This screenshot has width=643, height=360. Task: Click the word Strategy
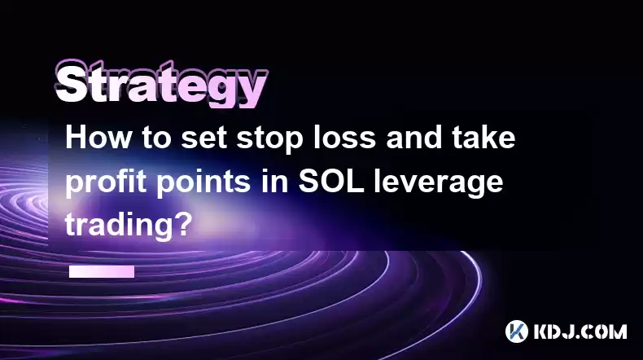click(161, 84)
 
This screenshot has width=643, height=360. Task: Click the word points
click(203, 183)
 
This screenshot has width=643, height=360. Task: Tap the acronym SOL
click(331, 182)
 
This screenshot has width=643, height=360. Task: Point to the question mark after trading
click(182, 225)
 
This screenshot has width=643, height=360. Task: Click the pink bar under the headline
click(102, 271)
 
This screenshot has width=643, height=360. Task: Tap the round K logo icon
click(516, 331)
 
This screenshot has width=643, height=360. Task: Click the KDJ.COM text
click(580, 331)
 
